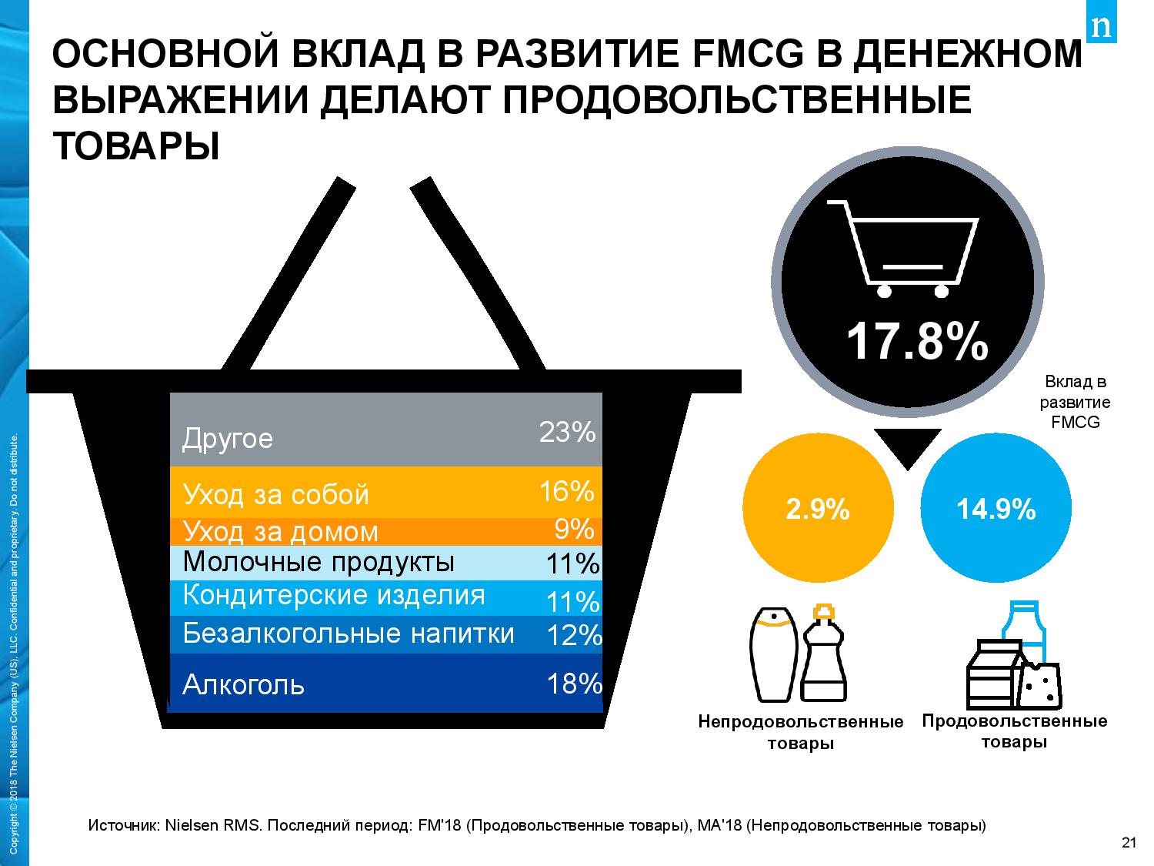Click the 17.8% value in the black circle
click(916, 342)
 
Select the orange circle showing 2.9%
click(817, 509)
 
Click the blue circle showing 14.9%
click(996, 509)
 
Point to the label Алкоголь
click(243, 684)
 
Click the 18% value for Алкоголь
click(573, 683)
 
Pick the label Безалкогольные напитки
click(349, 634)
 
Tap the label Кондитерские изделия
click(334, 596)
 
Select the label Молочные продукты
click(319, 563)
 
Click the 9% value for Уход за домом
click(574, 529)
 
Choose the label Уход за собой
click(276, 494)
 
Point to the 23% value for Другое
click(567, 433)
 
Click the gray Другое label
click(228, 439)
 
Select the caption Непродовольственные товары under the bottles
click(800, 733)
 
